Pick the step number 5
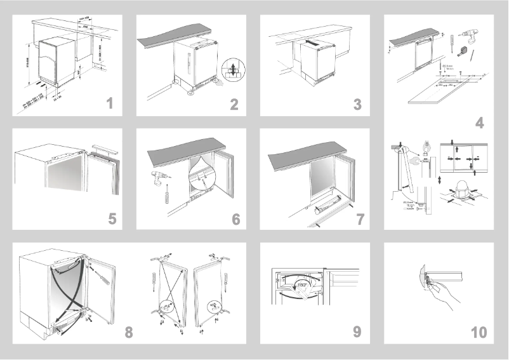(x=112, y=219)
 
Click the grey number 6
(x=235, y=219)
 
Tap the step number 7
(x=360, y=219)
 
